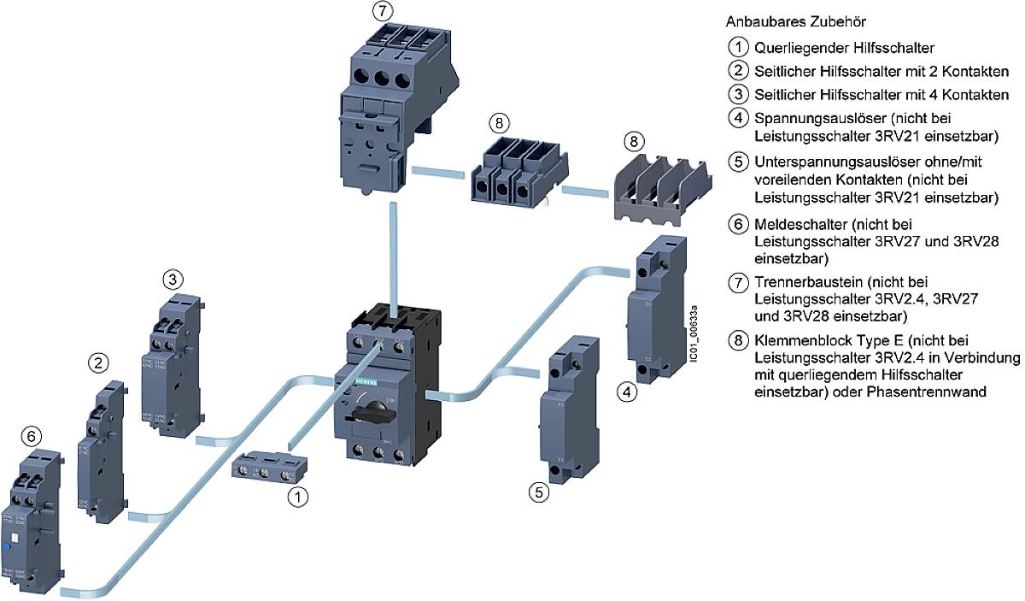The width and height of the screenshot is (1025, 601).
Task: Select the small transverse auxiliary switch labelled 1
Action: (266, 469)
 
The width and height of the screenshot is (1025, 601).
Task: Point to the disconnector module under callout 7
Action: (378, 103)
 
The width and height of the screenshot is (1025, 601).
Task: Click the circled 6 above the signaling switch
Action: (31, 436)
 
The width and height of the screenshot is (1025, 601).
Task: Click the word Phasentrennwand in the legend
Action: (945, 392)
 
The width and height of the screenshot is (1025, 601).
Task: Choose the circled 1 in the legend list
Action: (737, 49)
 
